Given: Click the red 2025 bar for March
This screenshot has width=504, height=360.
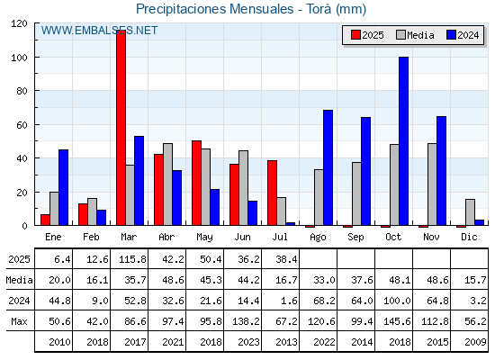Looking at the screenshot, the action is click(x=121, y=128).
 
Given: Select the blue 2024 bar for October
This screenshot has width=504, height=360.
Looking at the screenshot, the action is click(x=404, y=141).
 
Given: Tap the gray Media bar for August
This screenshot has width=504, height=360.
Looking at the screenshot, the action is click(x=319, y=197).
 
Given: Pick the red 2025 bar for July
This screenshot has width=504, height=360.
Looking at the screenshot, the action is click(x=272, y=193).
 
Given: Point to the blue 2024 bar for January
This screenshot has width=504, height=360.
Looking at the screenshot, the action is click(x=63, y=187).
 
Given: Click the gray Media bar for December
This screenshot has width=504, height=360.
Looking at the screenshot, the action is click(x=470, y=212).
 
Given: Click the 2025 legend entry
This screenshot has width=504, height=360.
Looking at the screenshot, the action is click(x=368, y=35).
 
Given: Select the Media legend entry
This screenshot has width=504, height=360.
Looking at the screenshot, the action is click(x=415, y=35).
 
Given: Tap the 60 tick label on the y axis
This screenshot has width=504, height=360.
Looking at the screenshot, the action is click(x=22, y=125).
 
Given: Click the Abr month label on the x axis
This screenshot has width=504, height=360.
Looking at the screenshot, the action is click(x=166, y=237).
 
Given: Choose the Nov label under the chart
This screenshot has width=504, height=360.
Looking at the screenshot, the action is click(x=431, y=237).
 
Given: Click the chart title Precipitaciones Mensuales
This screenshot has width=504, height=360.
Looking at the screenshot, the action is click(x=215, y=9).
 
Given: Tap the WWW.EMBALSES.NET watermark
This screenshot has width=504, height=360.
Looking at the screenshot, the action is click(x=99, y=31).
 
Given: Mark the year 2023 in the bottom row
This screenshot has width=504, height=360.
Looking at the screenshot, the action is click(x=248, y=342).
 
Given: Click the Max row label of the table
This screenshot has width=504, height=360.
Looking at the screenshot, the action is click(x=19, y=321).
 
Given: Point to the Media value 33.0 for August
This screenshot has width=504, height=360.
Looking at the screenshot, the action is click(x=324, y=280).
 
